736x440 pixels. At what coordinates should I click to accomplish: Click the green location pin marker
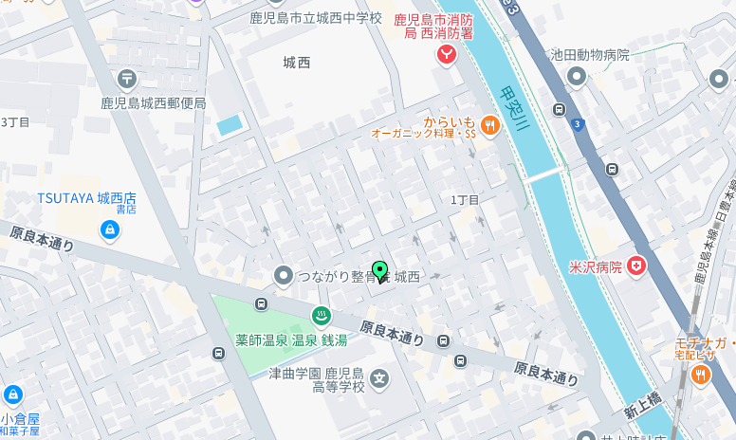pyautogui.click(x=380, y=271)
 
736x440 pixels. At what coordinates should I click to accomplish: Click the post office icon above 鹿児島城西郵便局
pyautogui.click(x=128, y=78)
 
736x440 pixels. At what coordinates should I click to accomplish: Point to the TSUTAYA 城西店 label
pyautogui.click(x=86, y=197)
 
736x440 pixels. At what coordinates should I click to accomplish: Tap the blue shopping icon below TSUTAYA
pyautogui.click(x=110, y=229)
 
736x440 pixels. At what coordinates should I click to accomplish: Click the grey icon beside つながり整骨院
pyautogui.click(x=282, y=276)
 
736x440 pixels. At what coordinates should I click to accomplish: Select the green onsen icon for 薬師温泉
pyautogui.click(x=322, y=316)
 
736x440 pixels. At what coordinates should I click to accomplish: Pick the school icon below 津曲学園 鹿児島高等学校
pyautogui.click(x=379, y=379)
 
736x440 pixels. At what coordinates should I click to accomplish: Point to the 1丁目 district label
pyautogui.click(x=465, y=200)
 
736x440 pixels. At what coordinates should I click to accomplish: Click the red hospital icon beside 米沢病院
pyautogui.click(x=636, y=266)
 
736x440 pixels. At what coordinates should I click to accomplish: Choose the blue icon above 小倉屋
pyautogui.click(x=13, y=394)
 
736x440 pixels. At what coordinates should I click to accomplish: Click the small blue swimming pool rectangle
pyautogui.click(x=229, y=125)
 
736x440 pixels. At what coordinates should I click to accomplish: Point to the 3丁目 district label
pyautogui.click(x=15, y=122)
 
